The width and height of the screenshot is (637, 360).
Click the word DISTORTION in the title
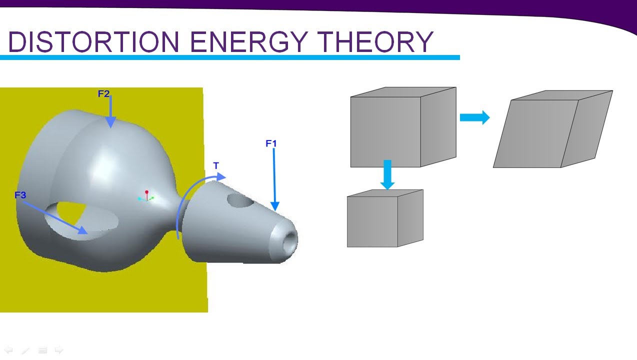pyautogui.click(x=94, y=42)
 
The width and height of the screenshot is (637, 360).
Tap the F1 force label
pyautogui.click(x=271, y=144)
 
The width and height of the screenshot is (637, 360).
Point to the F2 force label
pyautogui.click(x=103, y=93)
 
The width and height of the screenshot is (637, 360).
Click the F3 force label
pyautogui.click(x=20, y=195)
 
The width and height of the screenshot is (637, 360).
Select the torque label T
pyautogui.click(x=216, y=165)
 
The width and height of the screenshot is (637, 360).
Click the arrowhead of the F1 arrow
pyautogui.click(x=274, y=205)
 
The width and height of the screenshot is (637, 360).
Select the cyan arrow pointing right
pyautogui.click(x=474, y=118)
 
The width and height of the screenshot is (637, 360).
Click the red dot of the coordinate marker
pyautogui.click(x=146, y=192)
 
